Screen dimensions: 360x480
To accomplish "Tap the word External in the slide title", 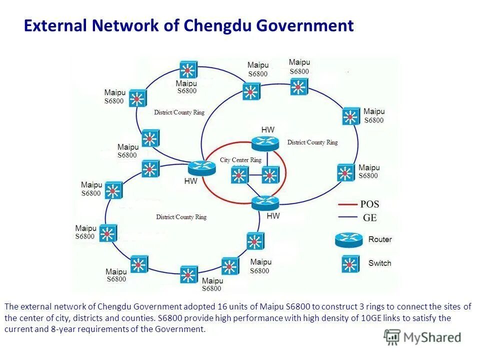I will coord(56,25).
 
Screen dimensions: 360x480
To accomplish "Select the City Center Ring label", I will coord(240,160).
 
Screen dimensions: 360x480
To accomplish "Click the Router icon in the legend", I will coord(348,240).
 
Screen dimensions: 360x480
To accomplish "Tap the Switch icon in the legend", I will coord(350,263).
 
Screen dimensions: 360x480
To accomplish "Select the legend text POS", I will coord(369,204).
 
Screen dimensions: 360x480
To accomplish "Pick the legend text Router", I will coord(380,239).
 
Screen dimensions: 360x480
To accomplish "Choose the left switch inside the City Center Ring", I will coord(239,175).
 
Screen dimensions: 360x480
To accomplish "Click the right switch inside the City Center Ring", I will coord(269,175).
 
